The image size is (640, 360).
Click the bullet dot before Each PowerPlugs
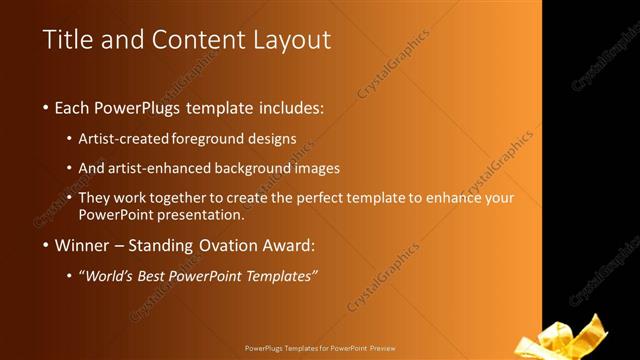(46, 107)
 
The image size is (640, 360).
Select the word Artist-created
(123, 139)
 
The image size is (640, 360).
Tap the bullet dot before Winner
(46, 245)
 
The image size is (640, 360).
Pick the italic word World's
(111, 275)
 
